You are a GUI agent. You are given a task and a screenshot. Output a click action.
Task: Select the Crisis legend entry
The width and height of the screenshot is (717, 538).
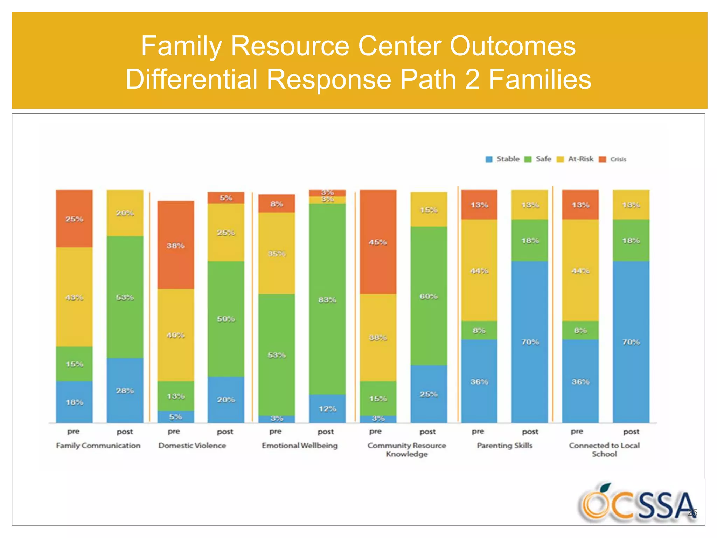tap(613, 159)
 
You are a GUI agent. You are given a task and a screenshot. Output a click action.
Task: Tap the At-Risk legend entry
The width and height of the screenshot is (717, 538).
tap(576, 159)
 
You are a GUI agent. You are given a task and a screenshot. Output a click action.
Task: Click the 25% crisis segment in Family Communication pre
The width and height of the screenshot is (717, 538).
tap(74, 219)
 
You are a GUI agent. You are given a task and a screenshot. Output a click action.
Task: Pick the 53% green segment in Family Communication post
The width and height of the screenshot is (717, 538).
tap(125, 297)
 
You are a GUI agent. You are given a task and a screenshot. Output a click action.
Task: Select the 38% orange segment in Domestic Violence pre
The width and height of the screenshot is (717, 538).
tap(175, 245)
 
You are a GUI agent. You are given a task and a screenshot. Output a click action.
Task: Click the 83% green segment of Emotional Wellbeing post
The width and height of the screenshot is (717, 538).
tap(327, 299)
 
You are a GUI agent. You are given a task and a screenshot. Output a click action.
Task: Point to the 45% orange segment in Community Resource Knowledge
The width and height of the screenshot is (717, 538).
tap(378, 242)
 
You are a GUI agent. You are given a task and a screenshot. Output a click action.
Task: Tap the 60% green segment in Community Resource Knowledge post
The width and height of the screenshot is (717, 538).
tap(429, 296)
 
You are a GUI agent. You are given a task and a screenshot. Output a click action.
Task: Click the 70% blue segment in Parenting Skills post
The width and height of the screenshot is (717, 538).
tap(530, 342)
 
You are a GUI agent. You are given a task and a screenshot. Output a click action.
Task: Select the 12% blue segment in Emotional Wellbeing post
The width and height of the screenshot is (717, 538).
tap(327, 408)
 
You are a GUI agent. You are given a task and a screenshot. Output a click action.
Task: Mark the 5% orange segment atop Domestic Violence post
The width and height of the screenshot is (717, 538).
tap(226, 198)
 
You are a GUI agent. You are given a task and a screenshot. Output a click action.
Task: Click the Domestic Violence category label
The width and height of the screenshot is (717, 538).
tap(192, 446)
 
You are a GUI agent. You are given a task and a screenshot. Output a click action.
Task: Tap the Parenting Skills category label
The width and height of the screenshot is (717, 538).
tap(504, 446)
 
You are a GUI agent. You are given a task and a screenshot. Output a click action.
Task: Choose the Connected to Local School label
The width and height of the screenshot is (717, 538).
tap(604, 449)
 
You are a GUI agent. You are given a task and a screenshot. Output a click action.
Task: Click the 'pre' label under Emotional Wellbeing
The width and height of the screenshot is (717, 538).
tap(276, 432)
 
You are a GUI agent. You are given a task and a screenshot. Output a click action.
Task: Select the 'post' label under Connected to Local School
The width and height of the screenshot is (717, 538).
tap(631, 432)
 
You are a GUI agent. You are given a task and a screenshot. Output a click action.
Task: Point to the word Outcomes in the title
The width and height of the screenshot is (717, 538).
tap(513, 46)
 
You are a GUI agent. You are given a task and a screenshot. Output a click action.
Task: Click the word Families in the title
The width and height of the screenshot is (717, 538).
tap(540, 79)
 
